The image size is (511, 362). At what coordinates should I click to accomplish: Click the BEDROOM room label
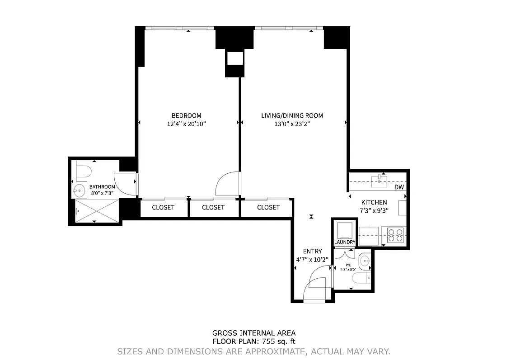coord(186,115)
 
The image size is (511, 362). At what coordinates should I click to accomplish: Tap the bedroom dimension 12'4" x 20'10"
coord(186,124)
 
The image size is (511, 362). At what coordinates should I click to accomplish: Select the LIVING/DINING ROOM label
coord(292,115)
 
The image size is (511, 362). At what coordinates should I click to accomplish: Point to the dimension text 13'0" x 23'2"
coord(292,124)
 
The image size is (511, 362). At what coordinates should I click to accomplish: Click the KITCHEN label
coord(374,202)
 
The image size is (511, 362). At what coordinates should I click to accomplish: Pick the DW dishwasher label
coord(398,187)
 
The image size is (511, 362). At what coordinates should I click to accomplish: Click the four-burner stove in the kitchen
coord(396,236)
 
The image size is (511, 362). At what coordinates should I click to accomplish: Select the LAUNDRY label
coord(345,243)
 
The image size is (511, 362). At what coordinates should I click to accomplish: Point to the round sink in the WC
coord(365,261)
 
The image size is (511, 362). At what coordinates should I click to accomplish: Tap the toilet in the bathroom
coord(84,171)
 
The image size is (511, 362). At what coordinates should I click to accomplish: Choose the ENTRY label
coord(312,252)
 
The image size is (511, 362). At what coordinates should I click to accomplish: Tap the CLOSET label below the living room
coord(268,207)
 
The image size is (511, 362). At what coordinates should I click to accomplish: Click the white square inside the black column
coord(235,58)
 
